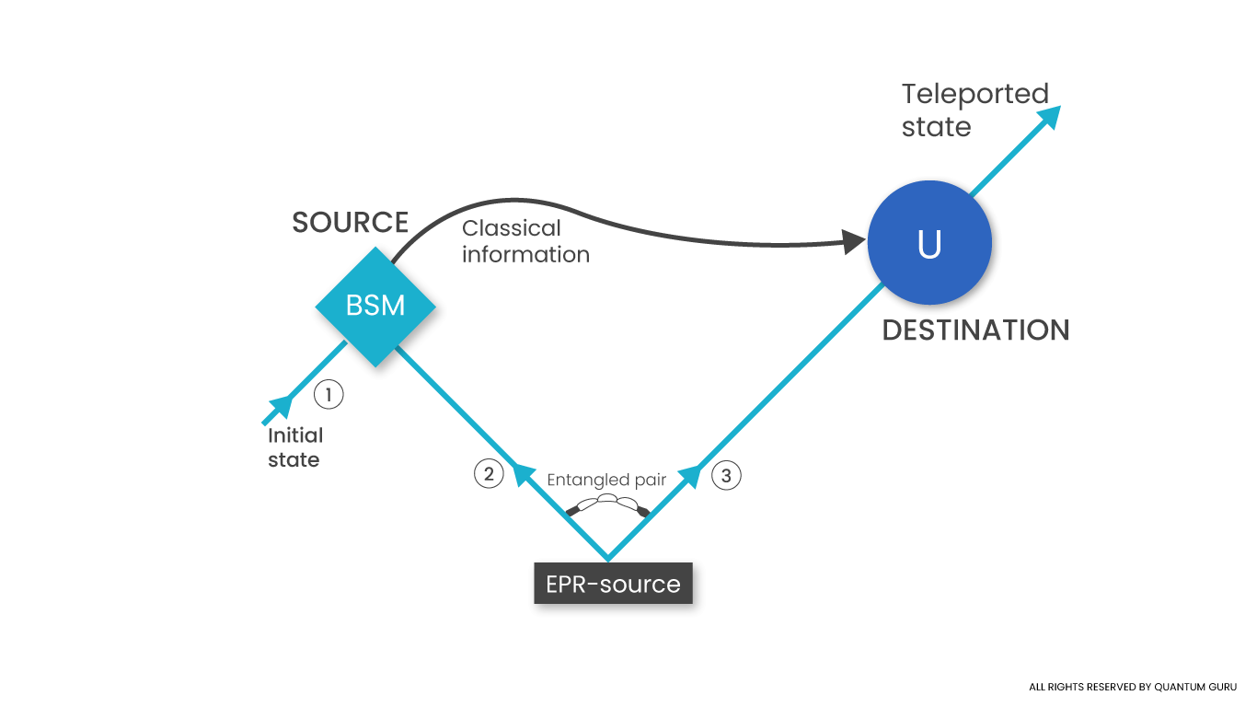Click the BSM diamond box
tap(375, 305)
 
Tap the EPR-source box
tap(613, 585)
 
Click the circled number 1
tap(329, 395)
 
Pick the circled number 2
tap(489, 474)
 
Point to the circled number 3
tap(726, 476)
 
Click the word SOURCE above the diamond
tap(350, 223)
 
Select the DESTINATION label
tap(975, 330)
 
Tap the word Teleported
tap(974, 94)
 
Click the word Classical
tap(511, 228)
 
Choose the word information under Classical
tap(525, 254)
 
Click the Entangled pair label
tap(606, 481)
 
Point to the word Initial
tap(294, 435)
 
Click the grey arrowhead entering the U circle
tap(853, 243)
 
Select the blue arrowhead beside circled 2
tap(524, 474)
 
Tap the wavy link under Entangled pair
tap(607, 504)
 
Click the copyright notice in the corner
tap(1133, 687)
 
